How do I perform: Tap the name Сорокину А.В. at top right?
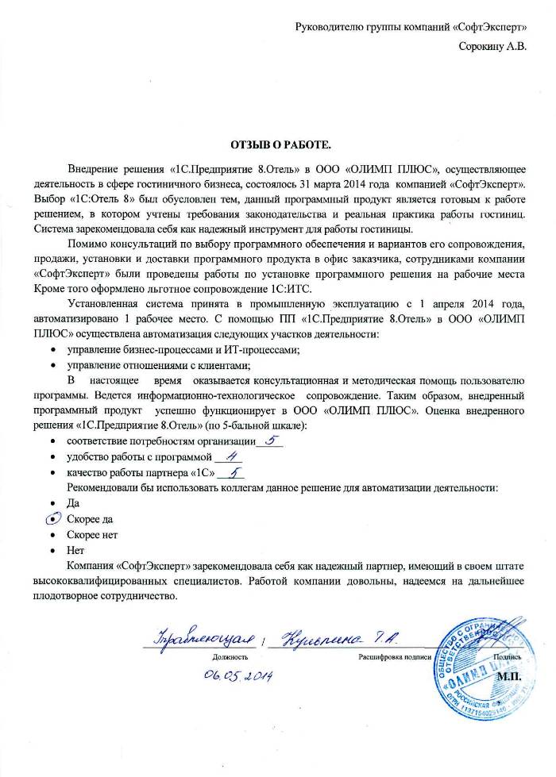coord(492,46)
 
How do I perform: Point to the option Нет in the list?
coord(75,550)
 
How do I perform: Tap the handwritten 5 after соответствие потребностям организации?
coord(269,440)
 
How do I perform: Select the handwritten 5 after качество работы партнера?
coord(234,473)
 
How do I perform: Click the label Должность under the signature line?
coord(230,657)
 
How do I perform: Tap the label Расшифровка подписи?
coord(394,657)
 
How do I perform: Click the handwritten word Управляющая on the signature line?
coord(203,639)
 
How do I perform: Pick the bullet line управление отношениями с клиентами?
coord(159,365)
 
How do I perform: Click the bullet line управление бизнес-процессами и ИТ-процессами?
coord(183,349)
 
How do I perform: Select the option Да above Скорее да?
coord(74,502)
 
